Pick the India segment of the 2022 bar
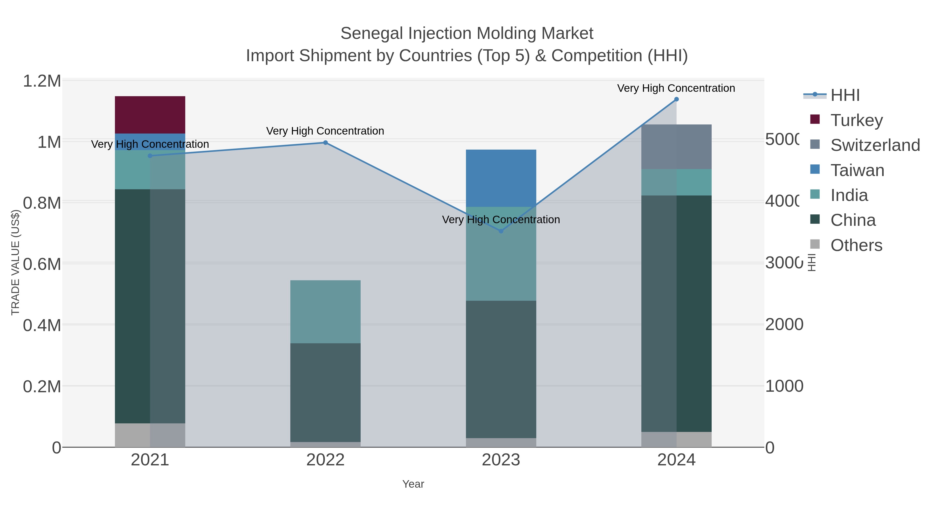click(325, 312)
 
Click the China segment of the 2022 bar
click(325, 393)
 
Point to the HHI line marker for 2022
click(325, 143)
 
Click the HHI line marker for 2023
click(501, 231)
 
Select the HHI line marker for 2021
click(150, 156)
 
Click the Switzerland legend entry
click(875, 145)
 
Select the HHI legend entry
click(845, 95)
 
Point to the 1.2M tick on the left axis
click(42, 81)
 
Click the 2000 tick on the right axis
click(784, 325)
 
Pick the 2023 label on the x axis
click(501, 460)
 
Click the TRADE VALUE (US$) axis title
click(15, 262)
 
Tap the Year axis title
click(413, 484)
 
